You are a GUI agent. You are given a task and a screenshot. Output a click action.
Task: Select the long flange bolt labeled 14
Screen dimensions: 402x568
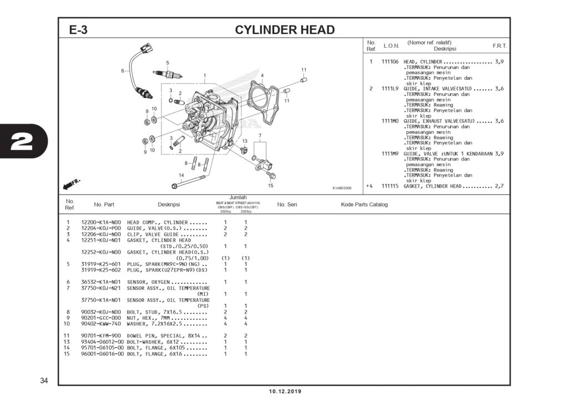(x=189, y=180)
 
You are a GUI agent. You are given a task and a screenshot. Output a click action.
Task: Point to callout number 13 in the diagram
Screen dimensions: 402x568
(x=245, y=141)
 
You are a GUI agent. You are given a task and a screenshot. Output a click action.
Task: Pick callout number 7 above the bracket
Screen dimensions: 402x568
(x=260, y=135)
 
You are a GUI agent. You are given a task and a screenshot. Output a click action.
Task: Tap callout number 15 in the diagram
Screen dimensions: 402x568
(x=271, y=185)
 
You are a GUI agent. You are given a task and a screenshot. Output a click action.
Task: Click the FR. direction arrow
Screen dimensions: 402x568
(x=72, y=183)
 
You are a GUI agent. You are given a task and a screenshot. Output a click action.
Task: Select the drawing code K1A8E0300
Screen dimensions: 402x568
(x=342, y=188)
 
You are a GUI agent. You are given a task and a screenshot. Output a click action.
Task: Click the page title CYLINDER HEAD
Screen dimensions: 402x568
(x=285, y=29)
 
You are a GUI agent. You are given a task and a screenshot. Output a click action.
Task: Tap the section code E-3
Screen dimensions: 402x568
(x=78, y=30)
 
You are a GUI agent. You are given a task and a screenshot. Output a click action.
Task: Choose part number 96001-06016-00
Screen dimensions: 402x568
(x=103, y=354)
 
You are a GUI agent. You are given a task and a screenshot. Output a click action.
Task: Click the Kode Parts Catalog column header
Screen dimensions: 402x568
(x=364, y=204)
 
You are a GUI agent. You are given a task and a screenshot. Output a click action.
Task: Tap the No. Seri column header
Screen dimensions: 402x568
(x=287, y=204)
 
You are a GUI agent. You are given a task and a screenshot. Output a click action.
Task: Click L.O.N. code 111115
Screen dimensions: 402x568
(x=390, y=186)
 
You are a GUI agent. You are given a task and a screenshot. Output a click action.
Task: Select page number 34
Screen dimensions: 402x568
(x=44, y=380)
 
